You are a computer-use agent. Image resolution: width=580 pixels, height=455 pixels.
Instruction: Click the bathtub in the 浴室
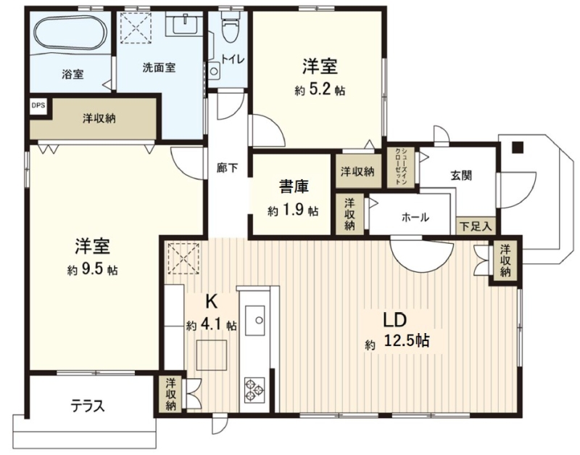[x=71, y=32]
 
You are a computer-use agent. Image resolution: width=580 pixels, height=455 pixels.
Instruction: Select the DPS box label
[x=38, y=105]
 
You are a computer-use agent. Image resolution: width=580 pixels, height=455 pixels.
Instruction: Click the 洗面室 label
[x=159, y=67]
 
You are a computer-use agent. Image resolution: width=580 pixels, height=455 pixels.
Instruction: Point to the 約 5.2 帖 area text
[x=320, y=90]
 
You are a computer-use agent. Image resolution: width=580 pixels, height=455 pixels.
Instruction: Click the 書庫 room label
[x=294, y=186]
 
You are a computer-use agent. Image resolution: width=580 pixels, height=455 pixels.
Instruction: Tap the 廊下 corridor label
[x=227, y=168]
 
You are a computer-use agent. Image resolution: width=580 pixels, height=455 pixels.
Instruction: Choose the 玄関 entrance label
[x=461, y=175]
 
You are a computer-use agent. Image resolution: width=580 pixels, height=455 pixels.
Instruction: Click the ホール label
[x=415, y=217]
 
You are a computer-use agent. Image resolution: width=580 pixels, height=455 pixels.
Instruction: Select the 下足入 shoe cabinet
[x=476, y=226]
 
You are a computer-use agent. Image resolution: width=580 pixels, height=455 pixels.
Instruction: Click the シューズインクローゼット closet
[x=401, y=168]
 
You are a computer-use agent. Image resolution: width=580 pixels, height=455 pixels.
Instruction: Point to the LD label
[x=394, y=320]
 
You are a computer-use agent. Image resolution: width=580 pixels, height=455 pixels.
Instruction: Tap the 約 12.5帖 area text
[x=397, y=340]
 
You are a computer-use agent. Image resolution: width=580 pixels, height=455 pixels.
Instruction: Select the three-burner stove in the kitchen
[x=254, y=390]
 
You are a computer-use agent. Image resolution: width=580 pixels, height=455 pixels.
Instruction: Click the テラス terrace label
[x=88, y=406]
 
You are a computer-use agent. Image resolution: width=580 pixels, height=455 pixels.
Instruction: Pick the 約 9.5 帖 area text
[x=93, y=270]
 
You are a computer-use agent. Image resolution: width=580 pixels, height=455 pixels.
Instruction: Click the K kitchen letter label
[x=211, y=302]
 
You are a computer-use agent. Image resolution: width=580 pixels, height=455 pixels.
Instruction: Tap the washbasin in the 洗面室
[x=184, y=24]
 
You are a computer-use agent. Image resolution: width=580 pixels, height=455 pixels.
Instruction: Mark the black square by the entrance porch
[x=518, y=148]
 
